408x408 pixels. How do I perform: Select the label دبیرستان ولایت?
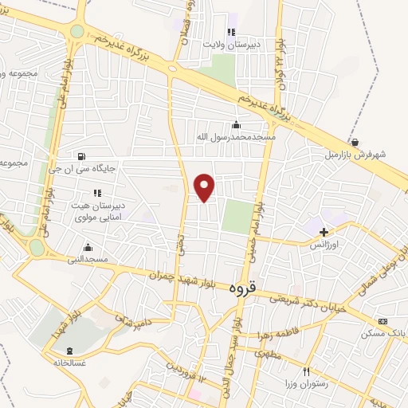pyautogui.click(x=231, y=45)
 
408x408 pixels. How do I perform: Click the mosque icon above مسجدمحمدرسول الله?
pyautogui.click(x=235, y=124)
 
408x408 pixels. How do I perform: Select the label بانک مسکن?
pyautogui.click(x=388, y=332)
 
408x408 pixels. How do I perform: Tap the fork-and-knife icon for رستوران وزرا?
pyautogui.click(x=305, y=371)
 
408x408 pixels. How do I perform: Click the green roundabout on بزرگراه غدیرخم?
pyautogui.click(x=76, y=31)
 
